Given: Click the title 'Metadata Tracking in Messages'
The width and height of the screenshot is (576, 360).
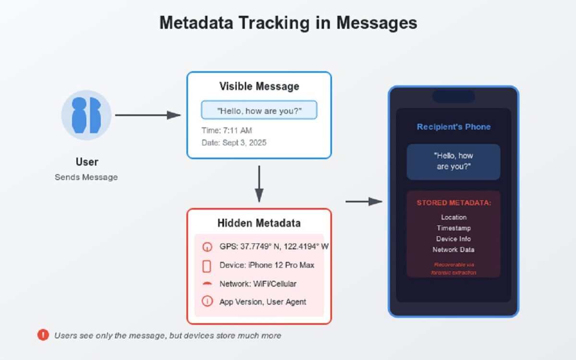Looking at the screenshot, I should (x=288, y=23).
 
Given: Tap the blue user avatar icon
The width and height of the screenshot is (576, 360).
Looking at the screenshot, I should (x=86, y=115).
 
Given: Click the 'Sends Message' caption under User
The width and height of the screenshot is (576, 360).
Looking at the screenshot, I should (x=86, y=177).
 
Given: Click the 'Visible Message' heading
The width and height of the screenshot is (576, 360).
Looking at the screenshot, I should (x=259, y=86).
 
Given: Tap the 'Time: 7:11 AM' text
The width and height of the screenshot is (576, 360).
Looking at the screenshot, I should (x=227, y=131).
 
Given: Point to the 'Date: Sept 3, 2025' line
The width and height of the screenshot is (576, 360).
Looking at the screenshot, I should (x=234, y=143).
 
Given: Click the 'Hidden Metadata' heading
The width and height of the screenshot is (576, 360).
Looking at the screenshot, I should (x=259, y=223).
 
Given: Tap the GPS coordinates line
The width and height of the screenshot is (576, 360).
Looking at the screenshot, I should (x=274, y=247).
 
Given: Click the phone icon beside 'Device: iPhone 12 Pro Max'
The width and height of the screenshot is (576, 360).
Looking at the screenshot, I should (x=207, y=266).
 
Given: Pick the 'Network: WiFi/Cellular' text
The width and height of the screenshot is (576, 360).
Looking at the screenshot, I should (x=258, y=284).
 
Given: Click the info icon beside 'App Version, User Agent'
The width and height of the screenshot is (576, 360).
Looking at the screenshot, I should (x=207, y=301).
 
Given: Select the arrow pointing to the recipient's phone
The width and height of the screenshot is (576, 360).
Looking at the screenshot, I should (x=364, y=202).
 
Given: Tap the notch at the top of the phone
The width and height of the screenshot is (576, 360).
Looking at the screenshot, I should (x=454, y=96).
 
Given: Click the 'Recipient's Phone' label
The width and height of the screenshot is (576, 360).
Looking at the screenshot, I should (x=454, y=127).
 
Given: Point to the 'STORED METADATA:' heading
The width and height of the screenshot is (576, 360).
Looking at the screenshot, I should (x=454, y=203).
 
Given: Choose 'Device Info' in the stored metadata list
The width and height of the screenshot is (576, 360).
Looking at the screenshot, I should (x=454, y=239).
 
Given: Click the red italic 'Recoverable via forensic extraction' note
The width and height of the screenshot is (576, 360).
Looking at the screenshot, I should (x=454, y=268).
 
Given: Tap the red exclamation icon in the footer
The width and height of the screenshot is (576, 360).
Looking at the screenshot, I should (x=43, y=335).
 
